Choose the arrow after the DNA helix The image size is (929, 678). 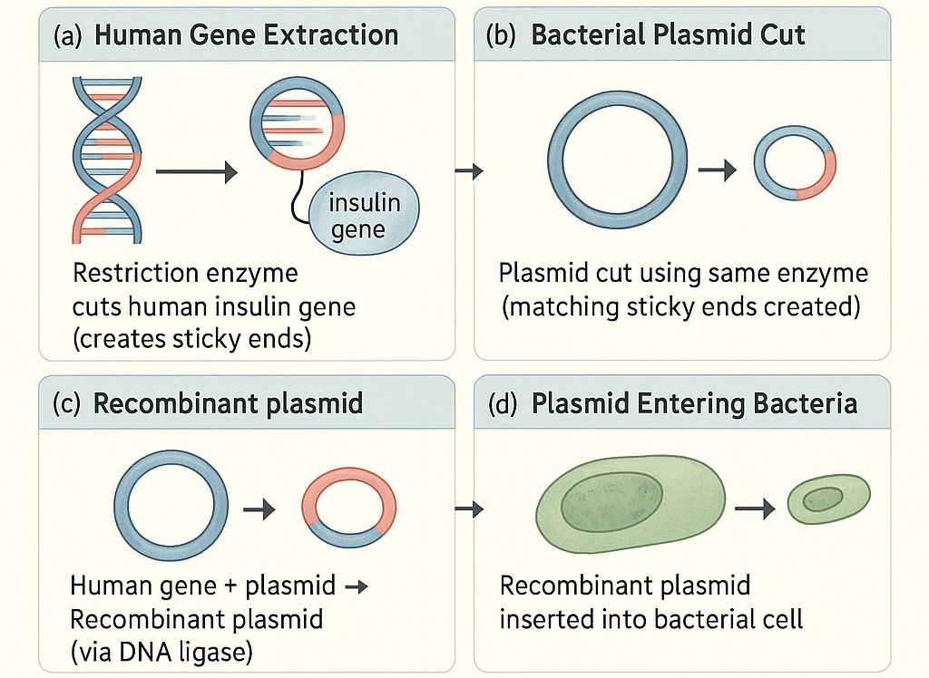[196, 170]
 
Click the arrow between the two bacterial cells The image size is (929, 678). [755, 508]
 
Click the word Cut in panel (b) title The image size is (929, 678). [780, 35]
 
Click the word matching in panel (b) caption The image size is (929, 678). [564, 307]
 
